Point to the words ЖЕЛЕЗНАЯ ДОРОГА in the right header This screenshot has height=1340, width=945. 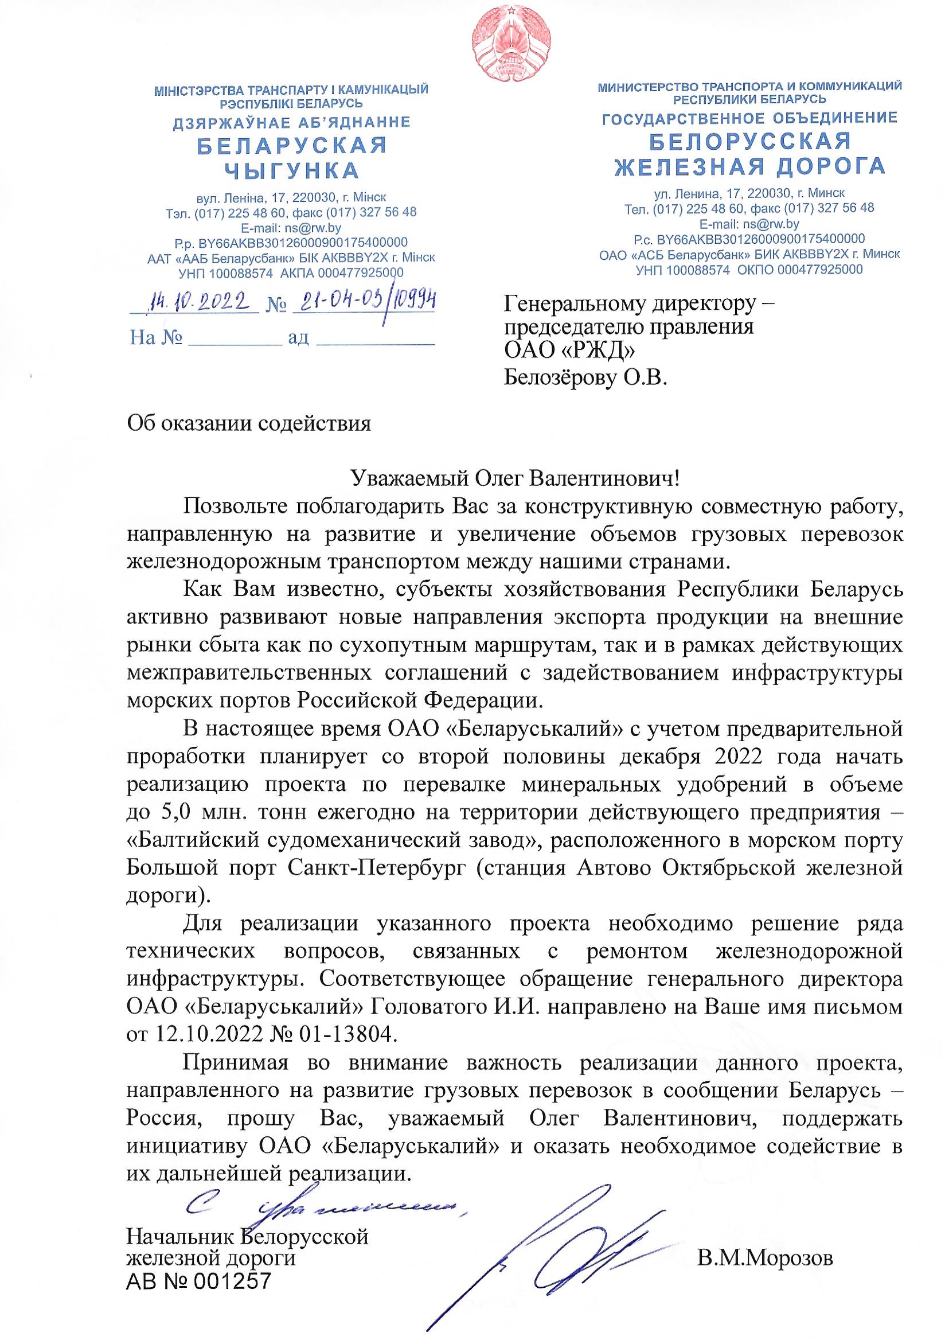pyautogui.click(x=750, y=167)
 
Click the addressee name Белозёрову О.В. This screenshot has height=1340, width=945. pyautogui.click(x=585, y=379)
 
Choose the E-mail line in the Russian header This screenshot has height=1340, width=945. pyautogui.click(x=749, y=224)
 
